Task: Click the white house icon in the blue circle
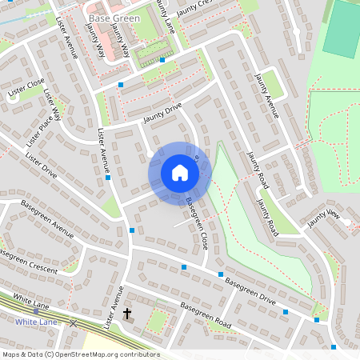(179, 173)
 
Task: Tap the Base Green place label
(114, 18)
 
